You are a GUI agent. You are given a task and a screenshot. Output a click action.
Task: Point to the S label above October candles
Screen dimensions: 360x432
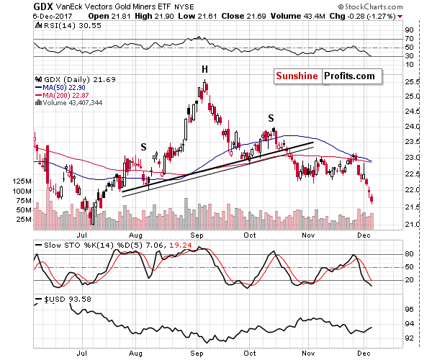coord(271,117)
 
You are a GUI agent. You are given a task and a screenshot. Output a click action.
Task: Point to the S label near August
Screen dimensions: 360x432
coord(143,146)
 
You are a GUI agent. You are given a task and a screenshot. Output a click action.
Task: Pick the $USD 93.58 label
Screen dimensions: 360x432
coord(62,297)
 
